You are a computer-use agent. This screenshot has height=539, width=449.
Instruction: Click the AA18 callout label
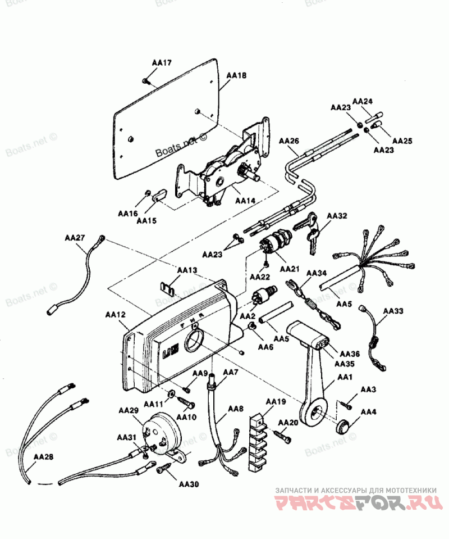tap(236, 75)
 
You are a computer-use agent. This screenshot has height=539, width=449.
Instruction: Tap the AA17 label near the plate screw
tap(162, 64)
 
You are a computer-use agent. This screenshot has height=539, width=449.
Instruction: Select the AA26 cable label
tap(289, 140)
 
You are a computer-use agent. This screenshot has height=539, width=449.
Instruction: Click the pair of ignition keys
tap(309, 227)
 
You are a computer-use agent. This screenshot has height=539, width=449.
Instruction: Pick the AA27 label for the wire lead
tap(75, 238)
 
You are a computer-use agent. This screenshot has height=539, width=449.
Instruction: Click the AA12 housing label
tap(116, 315)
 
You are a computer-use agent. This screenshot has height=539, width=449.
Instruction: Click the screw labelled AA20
tap(282, 433)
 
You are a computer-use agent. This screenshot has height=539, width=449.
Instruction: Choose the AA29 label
tap(129, 411)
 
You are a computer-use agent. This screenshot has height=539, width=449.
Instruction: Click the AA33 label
tap(393, 310)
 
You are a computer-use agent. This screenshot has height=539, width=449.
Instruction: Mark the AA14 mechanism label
tap(245, 201)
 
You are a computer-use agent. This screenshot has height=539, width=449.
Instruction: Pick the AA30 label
tap(189, 483)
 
